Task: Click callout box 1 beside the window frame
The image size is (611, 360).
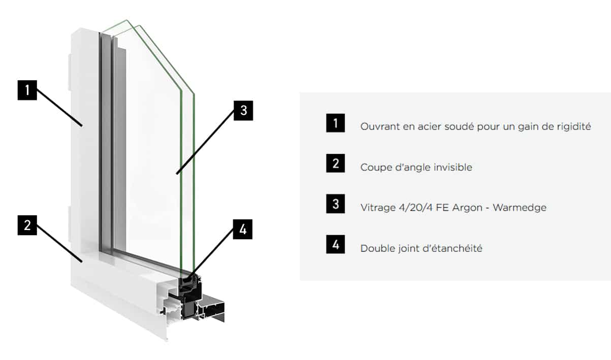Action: pyautogui.click(x=27, y=90)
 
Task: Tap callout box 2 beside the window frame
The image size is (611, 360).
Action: pyautogui.click(x=27, y=225)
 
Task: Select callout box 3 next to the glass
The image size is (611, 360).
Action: pyautogui.click(x=243, y=111)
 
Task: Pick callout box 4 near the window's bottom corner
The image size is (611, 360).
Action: pyautogui.click(x=243, y=230)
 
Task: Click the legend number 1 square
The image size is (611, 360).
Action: pyautogui.click(x=336, y=123)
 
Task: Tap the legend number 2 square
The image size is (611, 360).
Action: pyautogui.click(x=336, y=163)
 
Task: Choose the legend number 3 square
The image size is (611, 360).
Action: pyautogui.click(x=336, y=204)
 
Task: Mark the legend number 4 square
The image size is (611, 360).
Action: pyautogui.click(x=336, y=244)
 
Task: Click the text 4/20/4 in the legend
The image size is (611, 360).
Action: pyautogui.click(x=415, y=208)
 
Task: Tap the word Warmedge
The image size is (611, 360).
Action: pyautogui.click(x=520, y=208)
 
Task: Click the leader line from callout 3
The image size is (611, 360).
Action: pyautogui.click(x=205, y=142)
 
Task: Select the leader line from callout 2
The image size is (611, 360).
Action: pyautogui.click(x=59, y=243)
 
